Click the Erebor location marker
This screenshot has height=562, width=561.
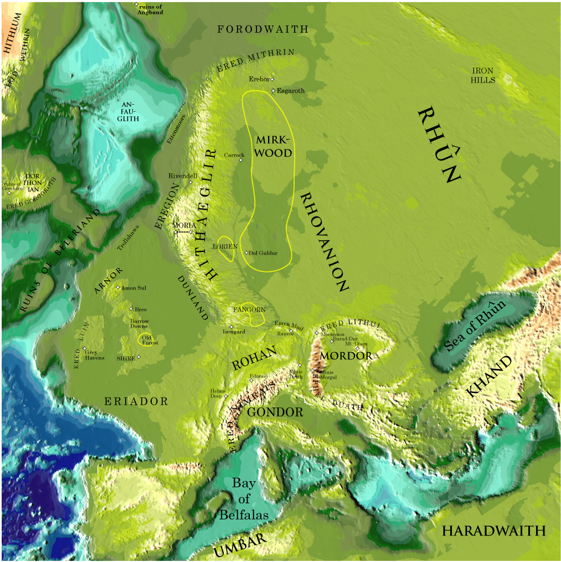(x=272, y=79)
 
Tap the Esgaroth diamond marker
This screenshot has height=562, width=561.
(x=274, y=90)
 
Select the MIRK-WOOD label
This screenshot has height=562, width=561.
(x=272, y=147)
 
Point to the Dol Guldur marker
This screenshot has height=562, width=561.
(x=246, y=252)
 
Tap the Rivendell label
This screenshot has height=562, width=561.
(x=183, y=176)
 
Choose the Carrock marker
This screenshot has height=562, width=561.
(x=241, y=161)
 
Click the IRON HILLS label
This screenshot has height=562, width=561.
(x=482, y=75)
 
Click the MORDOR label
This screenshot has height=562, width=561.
(x=346, y=355)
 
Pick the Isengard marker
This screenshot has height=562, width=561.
(x=231, y=326)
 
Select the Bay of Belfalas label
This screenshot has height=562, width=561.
(x=244, y=498)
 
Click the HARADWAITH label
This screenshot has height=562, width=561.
(x=493, y=530)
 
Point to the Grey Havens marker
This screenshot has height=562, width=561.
(x=85, y=349)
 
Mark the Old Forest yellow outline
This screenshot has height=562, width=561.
(x=147, y=339)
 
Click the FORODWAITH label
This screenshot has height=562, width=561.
(x=263, y=29)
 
